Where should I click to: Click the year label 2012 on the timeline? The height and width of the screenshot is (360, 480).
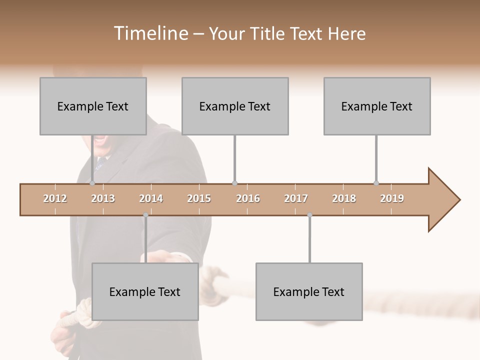55,198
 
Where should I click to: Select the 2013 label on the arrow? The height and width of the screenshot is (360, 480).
103,198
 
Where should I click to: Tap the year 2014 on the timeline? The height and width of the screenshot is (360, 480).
151,198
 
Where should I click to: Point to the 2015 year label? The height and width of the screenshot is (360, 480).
199,198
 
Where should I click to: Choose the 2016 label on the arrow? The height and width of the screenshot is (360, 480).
248,198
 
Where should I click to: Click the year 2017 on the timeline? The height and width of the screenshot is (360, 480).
296,198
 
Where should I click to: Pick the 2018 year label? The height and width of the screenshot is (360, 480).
344,198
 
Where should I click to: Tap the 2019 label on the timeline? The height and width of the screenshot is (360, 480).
392,198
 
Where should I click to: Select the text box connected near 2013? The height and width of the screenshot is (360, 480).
93,106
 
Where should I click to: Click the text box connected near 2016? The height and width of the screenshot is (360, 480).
235,106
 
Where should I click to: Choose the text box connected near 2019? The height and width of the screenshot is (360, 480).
377,106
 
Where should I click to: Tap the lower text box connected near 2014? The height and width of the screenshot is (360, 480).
145,291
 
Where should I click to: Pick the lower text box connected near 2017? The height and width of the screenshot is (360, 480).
309,291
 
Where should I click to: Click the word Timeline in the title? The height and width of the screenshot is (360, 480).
150,33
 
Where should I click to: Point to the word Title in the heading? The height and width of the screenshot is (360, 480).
268,33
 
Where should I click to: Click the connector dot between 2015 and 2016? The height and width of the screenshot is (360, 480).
235,183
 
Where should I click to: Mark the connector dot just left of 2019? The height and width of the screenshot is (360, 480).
376,183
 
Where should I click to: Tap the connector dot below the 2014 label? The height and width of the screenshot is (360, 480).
145,215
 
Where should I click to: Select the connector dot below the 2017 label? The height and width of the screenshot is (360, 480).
309,215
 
